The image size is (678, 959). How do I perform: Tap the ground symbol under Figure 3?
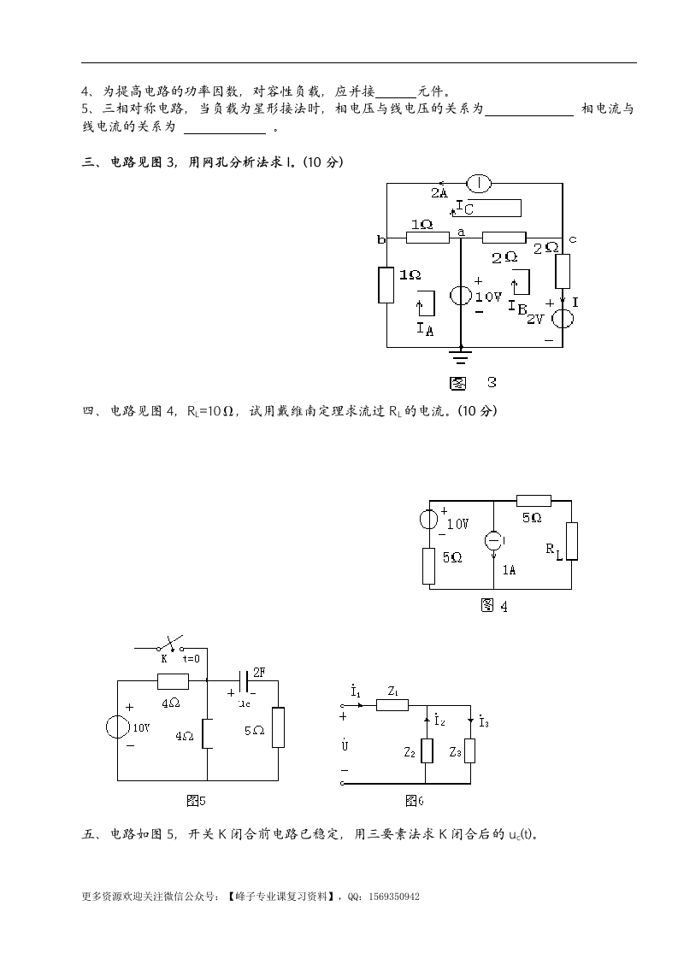click(462, 355)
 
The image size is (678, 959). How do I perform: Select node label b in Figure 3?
click(381, 240)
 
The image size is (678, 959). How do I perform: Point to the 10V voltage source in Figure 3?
click(461, 296)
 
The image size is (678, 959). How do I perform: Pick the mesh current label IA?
click(425, 327)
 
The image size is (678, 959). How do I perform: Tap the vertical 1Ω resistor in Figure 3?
click(386, 285)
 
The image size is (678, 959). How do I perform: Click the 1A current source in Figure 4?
click(494, 541)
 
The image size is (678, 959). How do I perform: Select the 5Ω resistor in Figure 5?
click(278, 727)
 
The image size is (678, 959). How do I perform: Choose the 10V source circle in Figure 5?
click(117, 727)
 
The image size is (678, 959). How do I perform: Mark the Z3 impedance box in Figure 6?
click(470, 750)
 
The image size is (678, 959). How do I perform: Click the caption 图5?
click(196, 800)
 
